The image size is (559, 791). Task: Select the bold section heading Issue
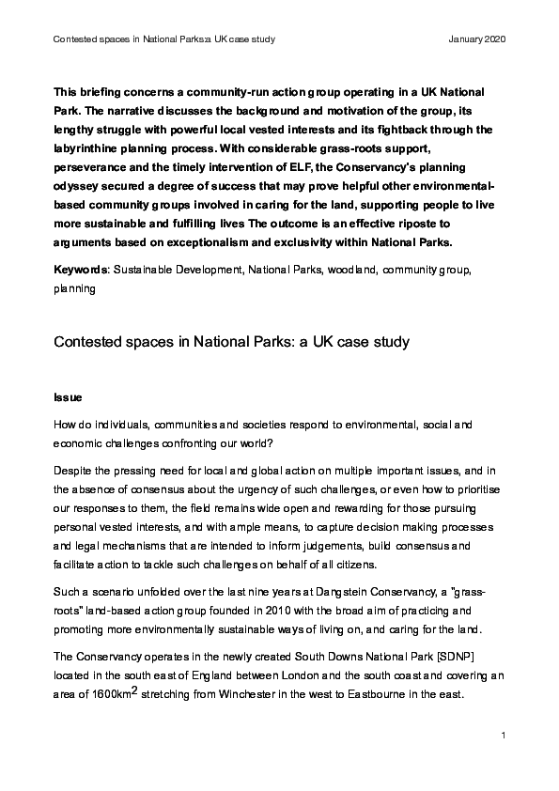click(x=68, y=397)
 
